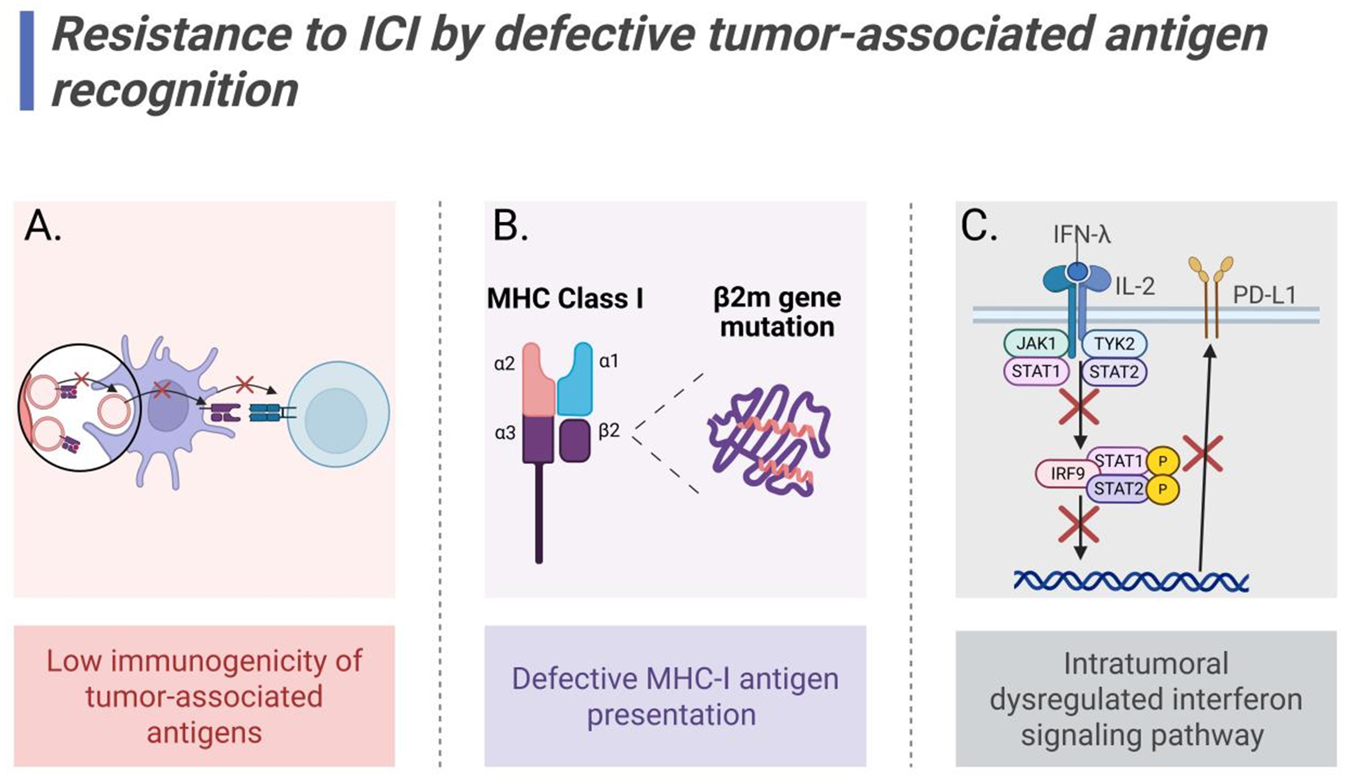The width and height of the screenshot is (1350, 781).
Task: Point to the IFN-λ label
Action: tap(1082, 235)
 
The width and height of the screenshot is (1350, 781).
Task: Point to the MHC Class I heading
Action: tap(565, 298)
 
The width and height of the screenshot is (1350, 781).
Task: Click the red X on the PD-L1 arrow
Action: tap(1203, 453)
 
